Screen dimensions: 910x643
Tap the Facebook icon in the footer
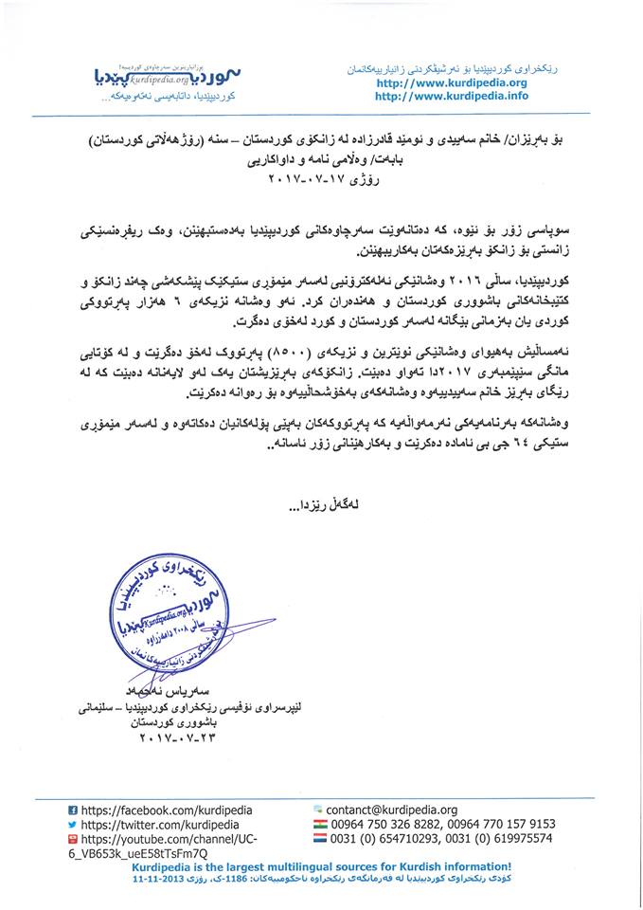pos(73,811)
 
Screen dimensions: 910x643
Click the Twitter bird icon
pos(73,826)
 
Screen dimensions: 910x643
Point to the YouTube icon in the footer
pos(73,840)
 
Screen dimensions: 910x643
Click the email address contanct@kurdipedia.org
pos(391,810)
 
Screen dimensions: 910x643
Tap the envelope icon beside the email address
pos(318,810)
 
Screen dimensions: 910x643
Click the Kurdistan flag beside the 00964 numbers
pos(318,825)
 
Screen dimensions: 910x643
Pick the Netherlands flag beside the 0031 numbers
pos(318,839)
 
